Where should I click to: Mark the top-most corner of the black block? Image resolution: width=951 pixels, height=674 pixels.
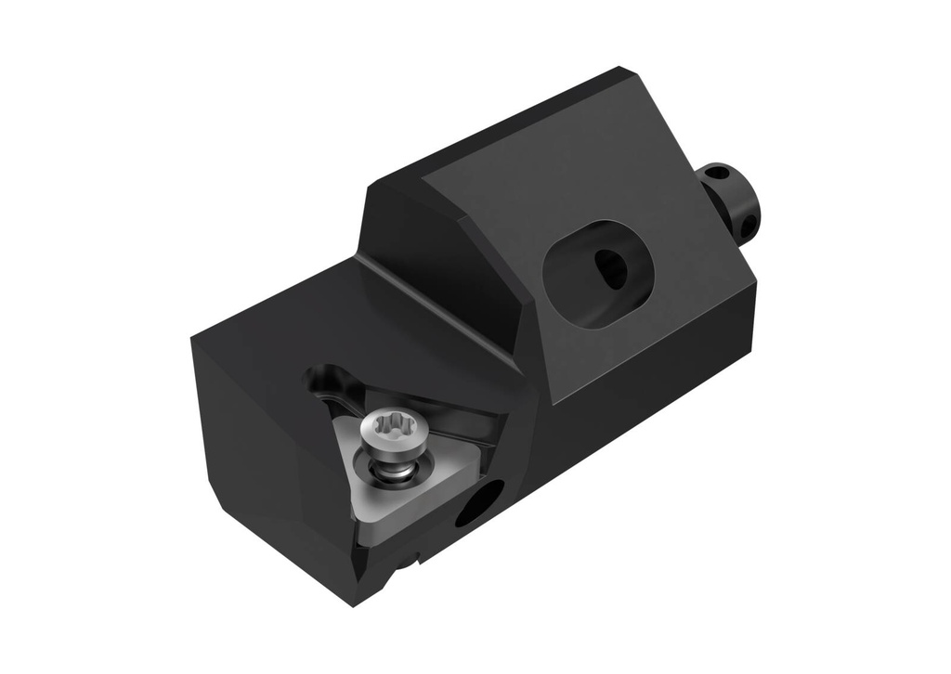pos(618,68)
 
